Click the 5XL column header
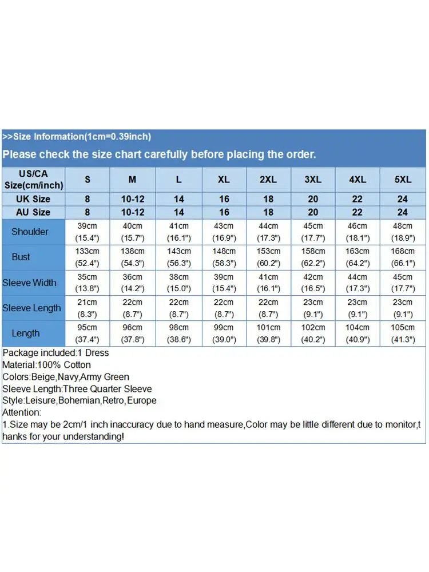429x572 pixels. click(x=403, y=180)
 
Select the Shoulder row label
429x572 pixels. click(x=30, y=232)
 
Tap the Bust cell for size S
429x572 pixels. click(x=88, y=257)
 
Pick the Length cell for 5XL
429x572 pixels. click(x=403, y=333)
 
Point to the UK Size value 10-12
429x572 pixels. click(x=132, y=199)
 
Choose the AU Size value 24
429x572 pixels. click(x=403, y=212)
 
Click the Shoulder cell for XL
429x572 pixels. click(x=224, y=232)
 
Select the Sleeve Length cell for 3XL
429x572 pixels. click(x=313, y=308)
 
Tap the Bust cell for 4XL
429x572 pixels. click(x=357, y=257)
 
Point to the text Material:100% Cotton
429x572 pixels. click(x=46, y=365)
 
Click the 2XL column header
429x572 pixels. click(x=268, y=180)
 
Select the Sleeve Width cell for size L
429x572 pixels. click(x=178, y=283)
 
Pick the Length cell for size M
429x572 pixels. click(x=132, y=333)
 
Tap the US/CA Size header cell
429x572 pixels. click(x=33, y=180)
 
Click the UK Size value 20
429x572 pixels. click(x=313, y=199)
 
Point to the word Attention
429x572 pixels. click(x=22, y=412)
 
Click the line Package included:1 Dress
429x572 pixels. click(x=55, y=353)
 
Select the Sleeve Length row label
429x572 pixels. click(x=31, y=308)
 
